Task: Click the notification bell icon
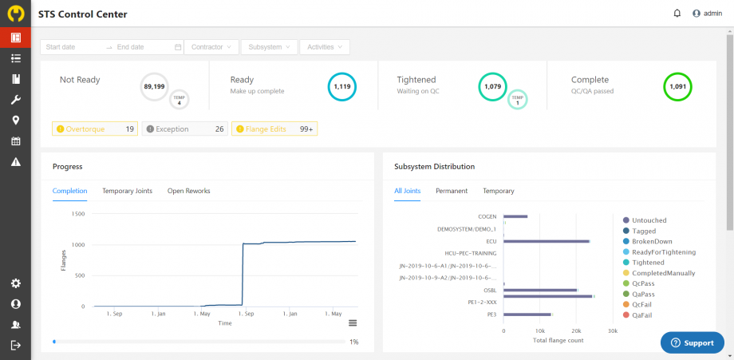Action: (x=677, y=14)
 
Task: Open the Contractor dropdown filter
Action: (x=211, y=47)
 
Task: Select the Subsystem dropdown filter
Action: (x=269, y=47)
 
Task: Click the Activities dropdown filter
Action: (x=325, y=47)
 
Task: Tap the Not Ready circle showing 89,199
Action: (x=154, y=86)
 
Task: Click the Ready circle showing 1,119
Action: (x=341, y=86)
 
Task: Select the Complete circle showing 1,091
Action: (x=677, y=86)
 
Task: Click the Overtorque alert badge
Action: (x=95, y=129)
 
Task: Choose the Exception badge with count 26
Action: (x=185, y=129)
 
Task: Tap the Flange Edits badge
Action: (x=274, y=129)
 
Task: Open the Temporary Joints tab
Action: (x=128, y=191)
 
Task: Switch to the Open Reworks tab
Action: (x=188, y=191)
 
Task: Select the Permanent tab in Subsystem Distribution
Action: (x=452, y=191)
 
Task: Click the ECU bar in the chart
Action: (x=547, y=242)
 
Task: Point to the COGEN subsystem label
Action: (x=487, y=217)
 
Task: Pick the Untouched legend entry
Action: (x=645, y=220)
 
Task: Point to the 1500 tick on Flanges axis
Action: (x=78, y=214)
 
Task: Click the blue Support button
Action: (x=693, y=343)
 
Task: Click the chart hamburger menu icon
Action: (x=353, y=323)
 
